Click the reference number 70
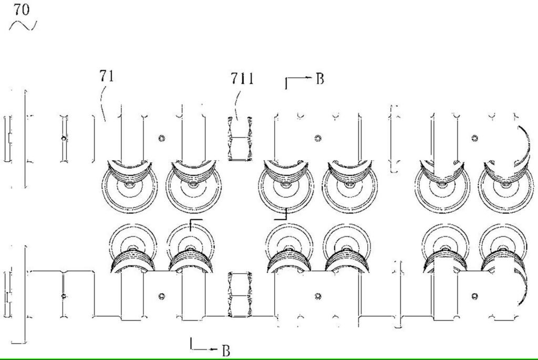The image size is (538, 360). [x=21, y=9]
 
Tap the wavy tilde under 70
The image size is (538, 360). [x=23, y=25]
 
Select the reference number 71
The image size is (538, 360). [x=107, y=76]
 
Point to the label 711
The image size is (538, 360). [x=242, y=79]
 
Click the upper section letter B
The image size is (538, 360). [x=320, y=79]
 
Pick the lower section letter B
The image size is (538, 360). [x=226, y=351]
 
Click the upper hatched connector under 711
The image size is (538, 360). [x=240, y=139]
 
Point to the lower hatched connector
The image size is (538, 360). [x=240, y=295]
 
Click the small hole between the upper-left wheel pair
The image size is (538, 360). [x=161, y=138]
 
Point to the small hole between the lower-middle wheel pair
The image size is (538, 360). [x=318, y=296]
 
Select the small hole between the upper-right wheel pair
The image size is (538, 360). [x=474, y=138]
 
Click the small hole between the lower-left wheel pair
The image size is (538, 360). [x=161, y=296]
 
